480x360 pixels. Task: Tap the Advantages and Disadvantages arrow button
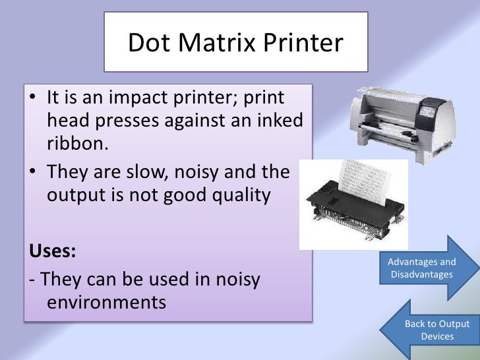pos(423,268)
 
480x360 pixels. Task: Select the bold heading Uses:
pos(52,251)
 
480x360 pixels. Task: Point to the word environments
pos(106,303)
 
